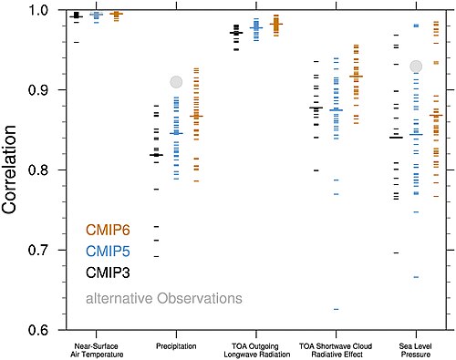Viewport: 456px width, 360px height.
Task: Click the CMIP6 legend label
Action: click(108, 230)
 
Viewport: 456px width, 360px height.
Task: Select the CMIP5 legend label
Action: click(108, 252)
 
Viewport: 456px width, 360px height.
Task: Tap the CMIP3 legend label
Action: click(108, 273)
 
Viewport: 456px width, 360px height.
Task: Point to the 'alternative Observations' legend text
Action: click(164, 298)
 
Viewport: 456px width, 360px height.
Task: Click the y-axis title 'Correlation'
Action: click(9, 170)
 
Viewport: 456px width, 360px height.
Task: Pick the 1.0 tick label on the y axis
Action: click(38, 10)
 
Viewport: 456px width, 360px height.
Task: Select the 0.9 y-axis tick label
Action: click(38, 90)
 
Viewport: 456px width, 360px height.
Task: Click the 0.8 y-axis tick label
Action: click(38, 170)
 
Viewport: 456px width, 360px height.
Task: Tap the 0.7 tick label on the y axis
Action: click(38, 250)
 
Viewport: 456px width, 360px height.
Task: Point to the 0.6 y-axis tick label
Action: click(38, 330)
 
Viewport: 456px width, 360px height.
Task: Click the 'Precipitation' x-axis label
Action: click(176, 346)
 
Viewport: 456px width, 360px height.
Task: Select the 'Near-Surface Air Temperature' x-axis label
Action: click(97, 350)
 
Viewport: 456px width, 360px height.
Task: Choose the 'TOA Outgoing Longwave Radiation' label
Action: click(257, 350)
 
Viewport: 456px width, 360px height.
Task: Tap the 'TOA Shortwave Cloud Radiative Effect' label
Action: click(336, 350)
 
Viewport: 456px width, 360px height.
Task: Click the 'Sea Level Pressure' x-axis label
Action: click(416, 350)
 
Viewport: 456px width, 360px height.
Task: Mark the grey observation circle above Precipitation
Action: click(176, 82)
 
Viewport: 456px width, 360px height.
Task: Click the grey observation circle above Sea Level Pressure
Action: click(416, 67)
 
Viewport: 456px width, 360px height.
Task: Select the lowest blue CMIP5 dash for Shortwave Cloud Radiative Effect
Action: click(337, 309)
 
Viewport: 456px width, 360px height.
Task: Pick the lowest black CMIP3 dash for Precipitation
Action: click(156, 256)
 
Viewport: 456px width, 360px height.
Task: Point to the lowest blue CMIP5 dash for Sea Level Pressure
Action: click(416, 277)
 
